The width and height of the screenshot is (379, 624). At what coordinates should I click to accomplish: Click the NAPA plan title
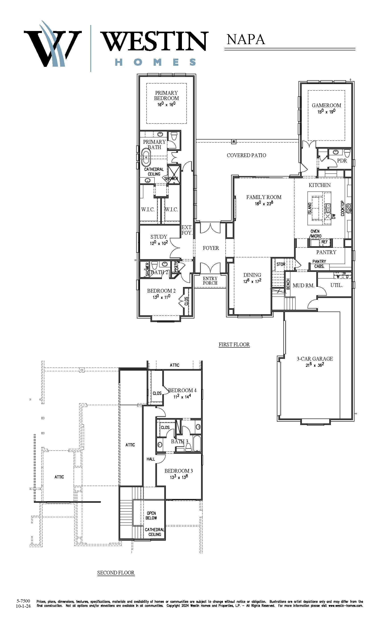click(246, 40)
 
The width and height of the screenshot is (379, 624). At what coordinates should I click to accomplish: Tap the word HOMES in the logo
click(156, 62)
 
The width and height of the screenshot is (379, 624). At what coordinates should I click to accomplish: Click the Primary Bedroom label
click(167, 95)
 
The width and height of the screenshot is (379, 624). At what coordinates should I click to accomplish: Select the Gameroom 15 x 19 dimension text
click(326, 111)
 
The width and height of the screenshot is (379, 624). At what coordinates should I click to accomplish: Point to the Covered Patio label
click(246, 155)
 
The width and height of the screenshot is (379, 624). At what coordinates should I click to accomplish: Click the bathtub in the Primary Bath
click(146, 158)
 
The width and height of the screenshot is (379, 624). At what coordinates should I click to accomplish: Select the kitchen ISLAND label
click(310, 208)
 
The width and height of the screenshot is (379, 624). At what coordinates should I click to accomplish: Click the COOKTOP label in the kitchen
click(342, 208)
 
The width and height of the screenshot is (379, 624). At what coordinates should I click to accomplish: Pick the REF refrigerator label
click(325, 242)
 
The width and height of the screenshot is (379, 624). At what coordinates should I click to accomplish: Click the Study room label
click(159, 237)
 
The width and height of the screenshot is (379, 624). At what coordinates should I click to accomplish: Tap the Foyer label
click(211, 248)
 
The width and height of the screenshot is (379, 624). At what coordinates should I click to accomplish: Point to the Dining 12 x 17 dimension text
click(252, 281)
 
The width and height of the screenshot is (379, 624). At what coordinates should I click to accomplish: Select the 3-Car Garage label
click(315, 359)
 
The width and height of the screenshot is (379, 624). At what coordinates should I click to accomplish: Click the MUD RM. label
click(303, 285)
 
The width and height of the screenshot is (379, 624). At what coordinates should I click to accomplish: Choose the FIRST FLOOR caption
click(234, 344)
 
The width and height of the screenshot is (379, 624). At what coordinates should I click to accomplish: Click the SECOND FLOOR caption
click(116, 573)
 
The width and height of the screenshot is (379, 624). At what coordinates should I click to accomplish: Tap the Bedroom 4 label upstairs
click(182, 390)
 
